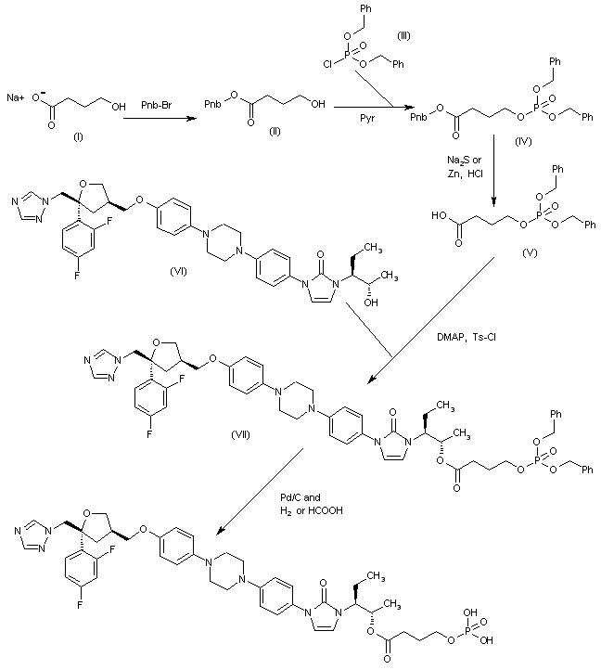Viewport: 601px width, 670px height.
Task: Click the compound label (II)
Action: tap(249, 129)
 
